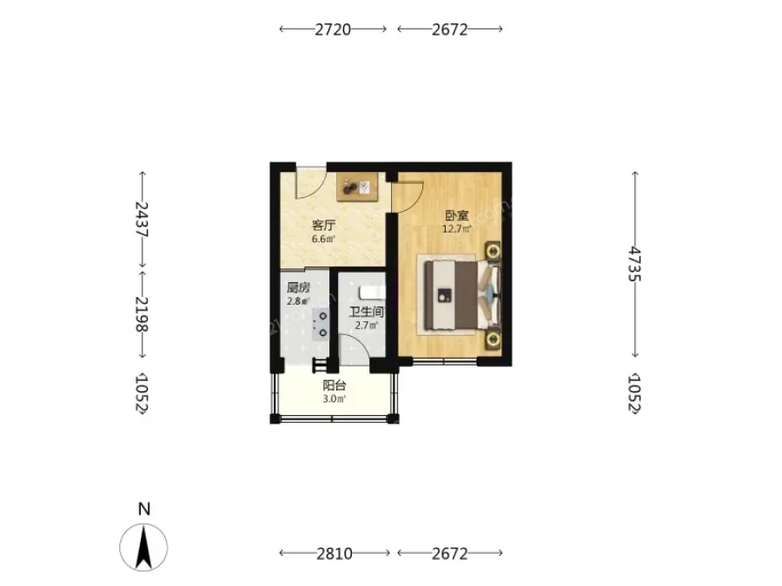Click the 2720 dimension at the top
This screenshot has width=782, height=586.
coord(333,30)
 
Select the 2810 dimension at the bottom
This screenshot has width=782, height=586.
coord(335,553)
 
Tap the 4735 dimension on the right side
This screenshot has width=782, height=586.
coord(634,264)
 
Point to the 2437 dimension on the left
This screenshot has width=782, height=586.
coord(142,219)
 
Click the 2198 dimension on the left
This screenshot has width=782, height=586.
coord(142,314)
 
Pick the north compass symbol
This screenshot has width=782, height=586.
coord(143,547)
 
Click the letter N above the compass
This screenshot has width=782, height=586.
coord(144,509)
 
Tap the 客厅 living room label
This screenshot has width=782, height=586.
coord(324,225)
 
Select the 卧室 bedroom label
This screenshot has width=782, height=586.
coord(457,216)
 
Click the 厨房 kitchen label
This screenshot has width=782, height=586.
coord(298,287)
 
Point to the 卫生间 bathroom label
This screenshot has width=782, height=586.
coord(366,313)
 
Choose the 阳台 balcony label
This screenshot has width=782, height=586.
coord(335,385)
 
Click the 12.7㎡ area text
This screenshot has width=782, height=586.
coord(457,229)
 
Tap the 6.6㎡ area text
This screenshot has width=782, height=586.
coord(324,239)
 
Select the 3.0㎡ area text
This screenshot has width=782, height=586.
coord(335,398)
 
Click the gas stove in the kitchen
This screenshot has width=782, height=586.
coord(321,325)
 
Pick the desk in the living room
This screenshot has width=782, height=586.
coord(357,188)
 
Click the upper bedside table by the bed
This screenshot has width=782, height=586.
coord(494,251)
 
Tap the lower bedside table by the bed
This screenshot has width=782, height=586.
coord(494,339)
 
